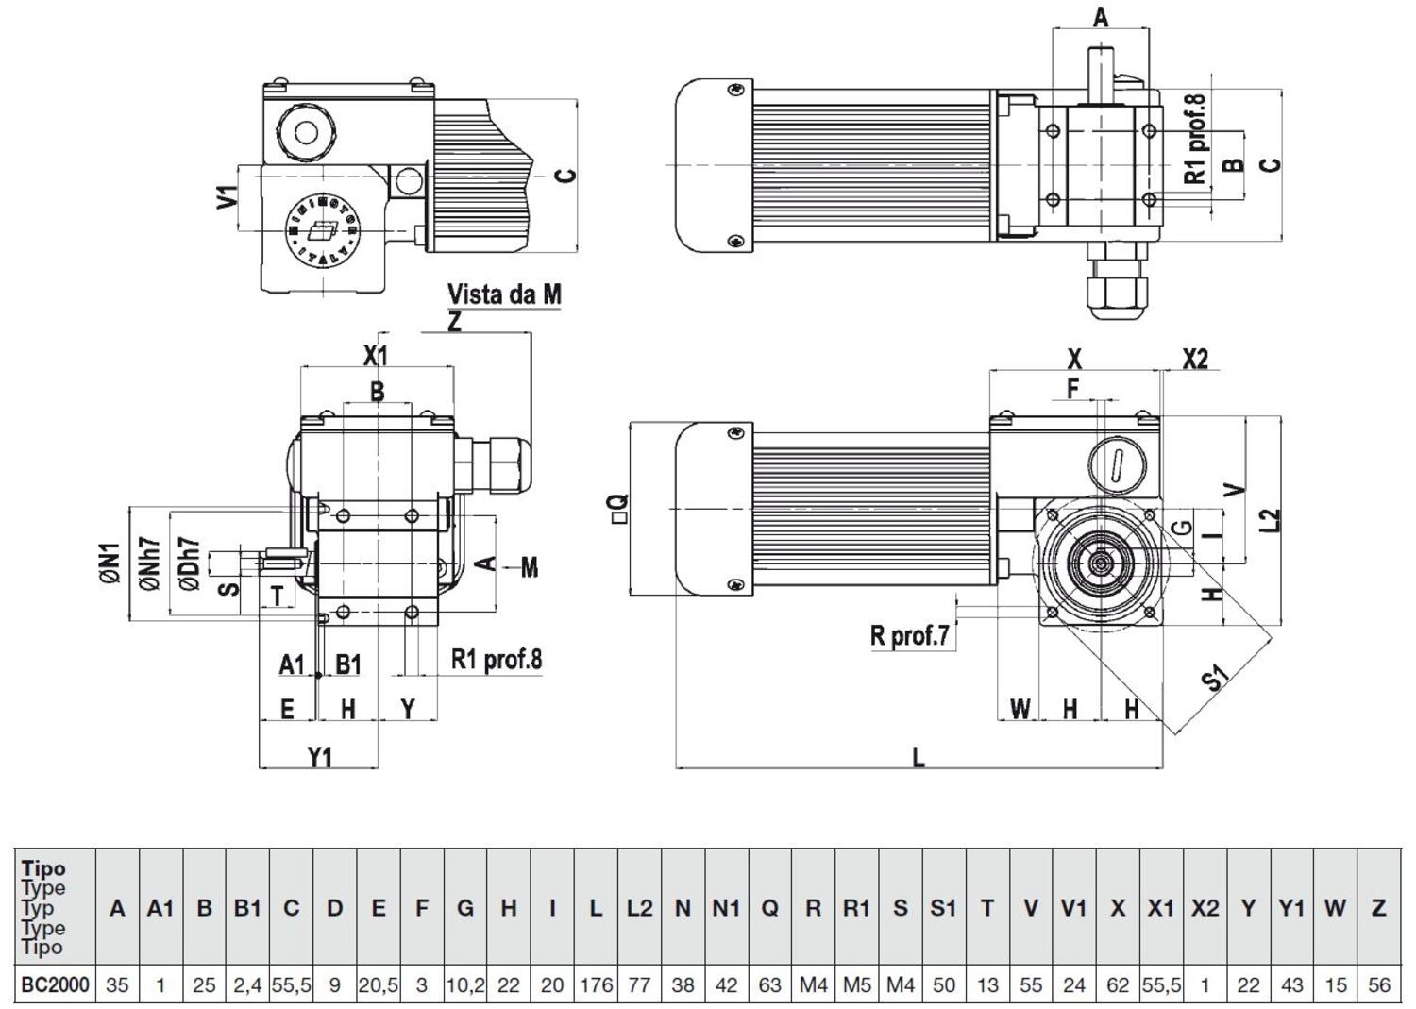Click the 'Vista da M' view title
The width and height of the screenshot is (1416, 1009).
click(x=504, y=294)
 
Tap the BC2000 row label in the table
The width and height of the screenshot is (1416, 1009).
click(x=55, y=984)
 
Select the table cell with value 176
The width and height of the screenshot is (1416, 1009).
click(x=596, y=984)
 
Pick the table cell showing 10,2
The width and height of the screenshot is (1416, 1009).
click(x=465, y=984)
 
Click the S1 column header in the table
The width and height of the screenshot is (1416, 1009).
click(x=943, y=908)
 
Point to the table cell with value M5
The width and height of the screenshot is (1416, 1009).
click(x=856, y=984)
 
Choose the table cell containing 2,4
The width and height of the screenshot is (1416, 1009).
click(x=247, y=984)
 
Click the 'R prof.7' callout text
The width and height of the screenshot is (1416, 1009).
click(x=910, y=635)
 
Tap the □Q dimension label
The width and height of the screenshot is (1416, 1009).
click(x=619, y=509)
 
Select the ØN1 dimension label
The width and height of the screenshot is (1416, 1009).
click(x=111, y=563)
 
